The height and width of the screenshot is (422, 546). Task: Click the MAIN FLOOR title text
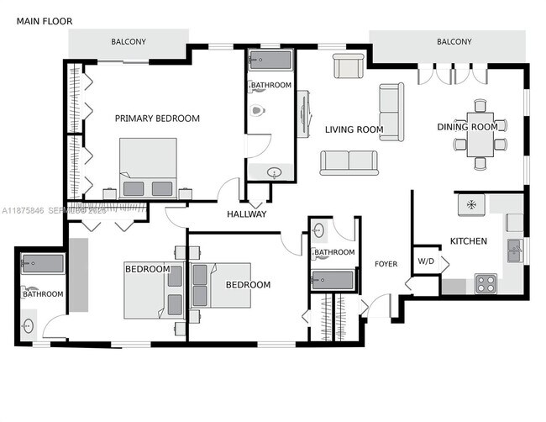pyautogui.click(x=45, y=21)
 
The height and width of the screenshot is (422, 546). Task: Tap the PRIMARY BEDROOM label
pyautogui.click(x=157, y=119)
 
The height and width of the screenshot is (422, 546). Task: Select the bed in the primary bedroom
pyautogui.click(x=148, y=167)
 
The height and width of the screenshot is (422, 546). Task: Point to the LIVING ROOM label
pyautogui.click(x=354, y=129)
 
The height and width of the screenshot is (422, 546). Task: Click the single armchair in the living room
pyautogui.click(x=348, y=66)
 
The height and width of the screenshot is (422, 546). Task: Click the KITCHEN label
pyautogui.click(x=468, y=241)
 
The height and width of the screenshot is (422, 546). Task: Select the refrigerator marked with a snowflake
pyautogui.click(x=471, y=204)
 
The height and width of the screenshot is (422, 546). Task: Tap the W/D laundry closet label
pyautogui.click(x=426, y=261)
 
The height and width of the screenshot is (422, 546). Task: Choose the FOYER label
pyautogui.click(x=386, y=264)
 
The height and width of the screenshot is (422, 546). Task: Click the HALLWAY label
pyautogui.click(x=246, y=214)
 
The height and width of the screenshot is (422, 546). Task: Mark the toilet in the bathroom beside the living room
pyautogui.click(x=257, y=110)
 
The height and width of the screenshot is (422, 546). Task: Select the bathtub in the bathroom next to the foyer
pyautogui.click(x=333, y=280)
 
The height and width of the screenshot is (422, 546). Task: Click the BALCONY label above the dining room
pyautogui.click(x=454, y=42)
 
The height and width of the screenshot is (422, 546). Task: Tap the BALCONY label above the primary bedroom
pyautogui.click(x=129, y=42)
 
